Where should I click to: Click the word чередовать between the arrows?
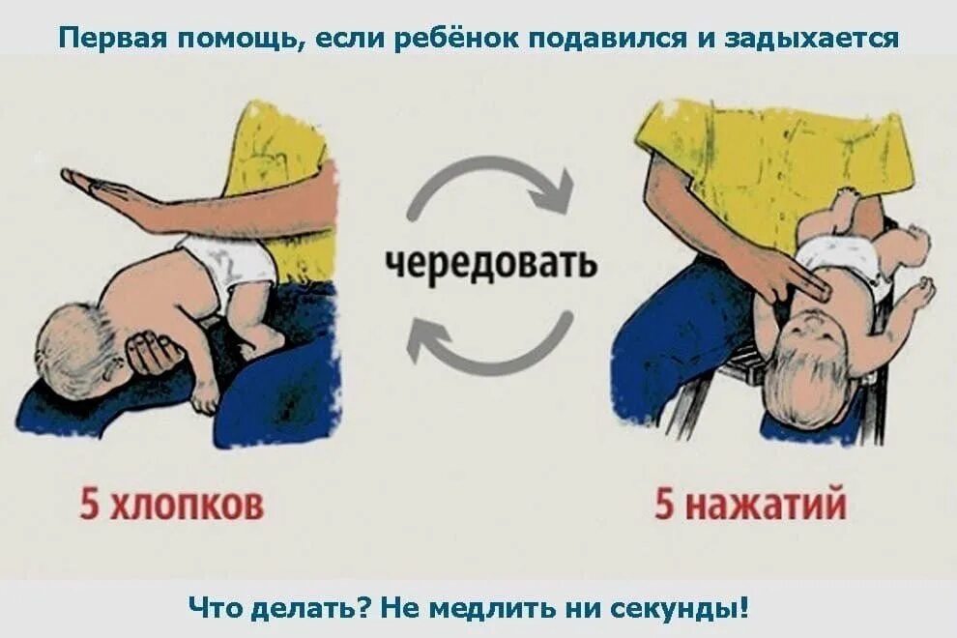pyautogui.click(x=491, y=264)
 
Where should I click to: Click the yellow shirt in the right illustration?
pyautogui.click(x=773, y=155)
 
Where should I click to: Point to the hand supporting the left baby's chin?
pyautogui.click(x=155, y=353)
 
